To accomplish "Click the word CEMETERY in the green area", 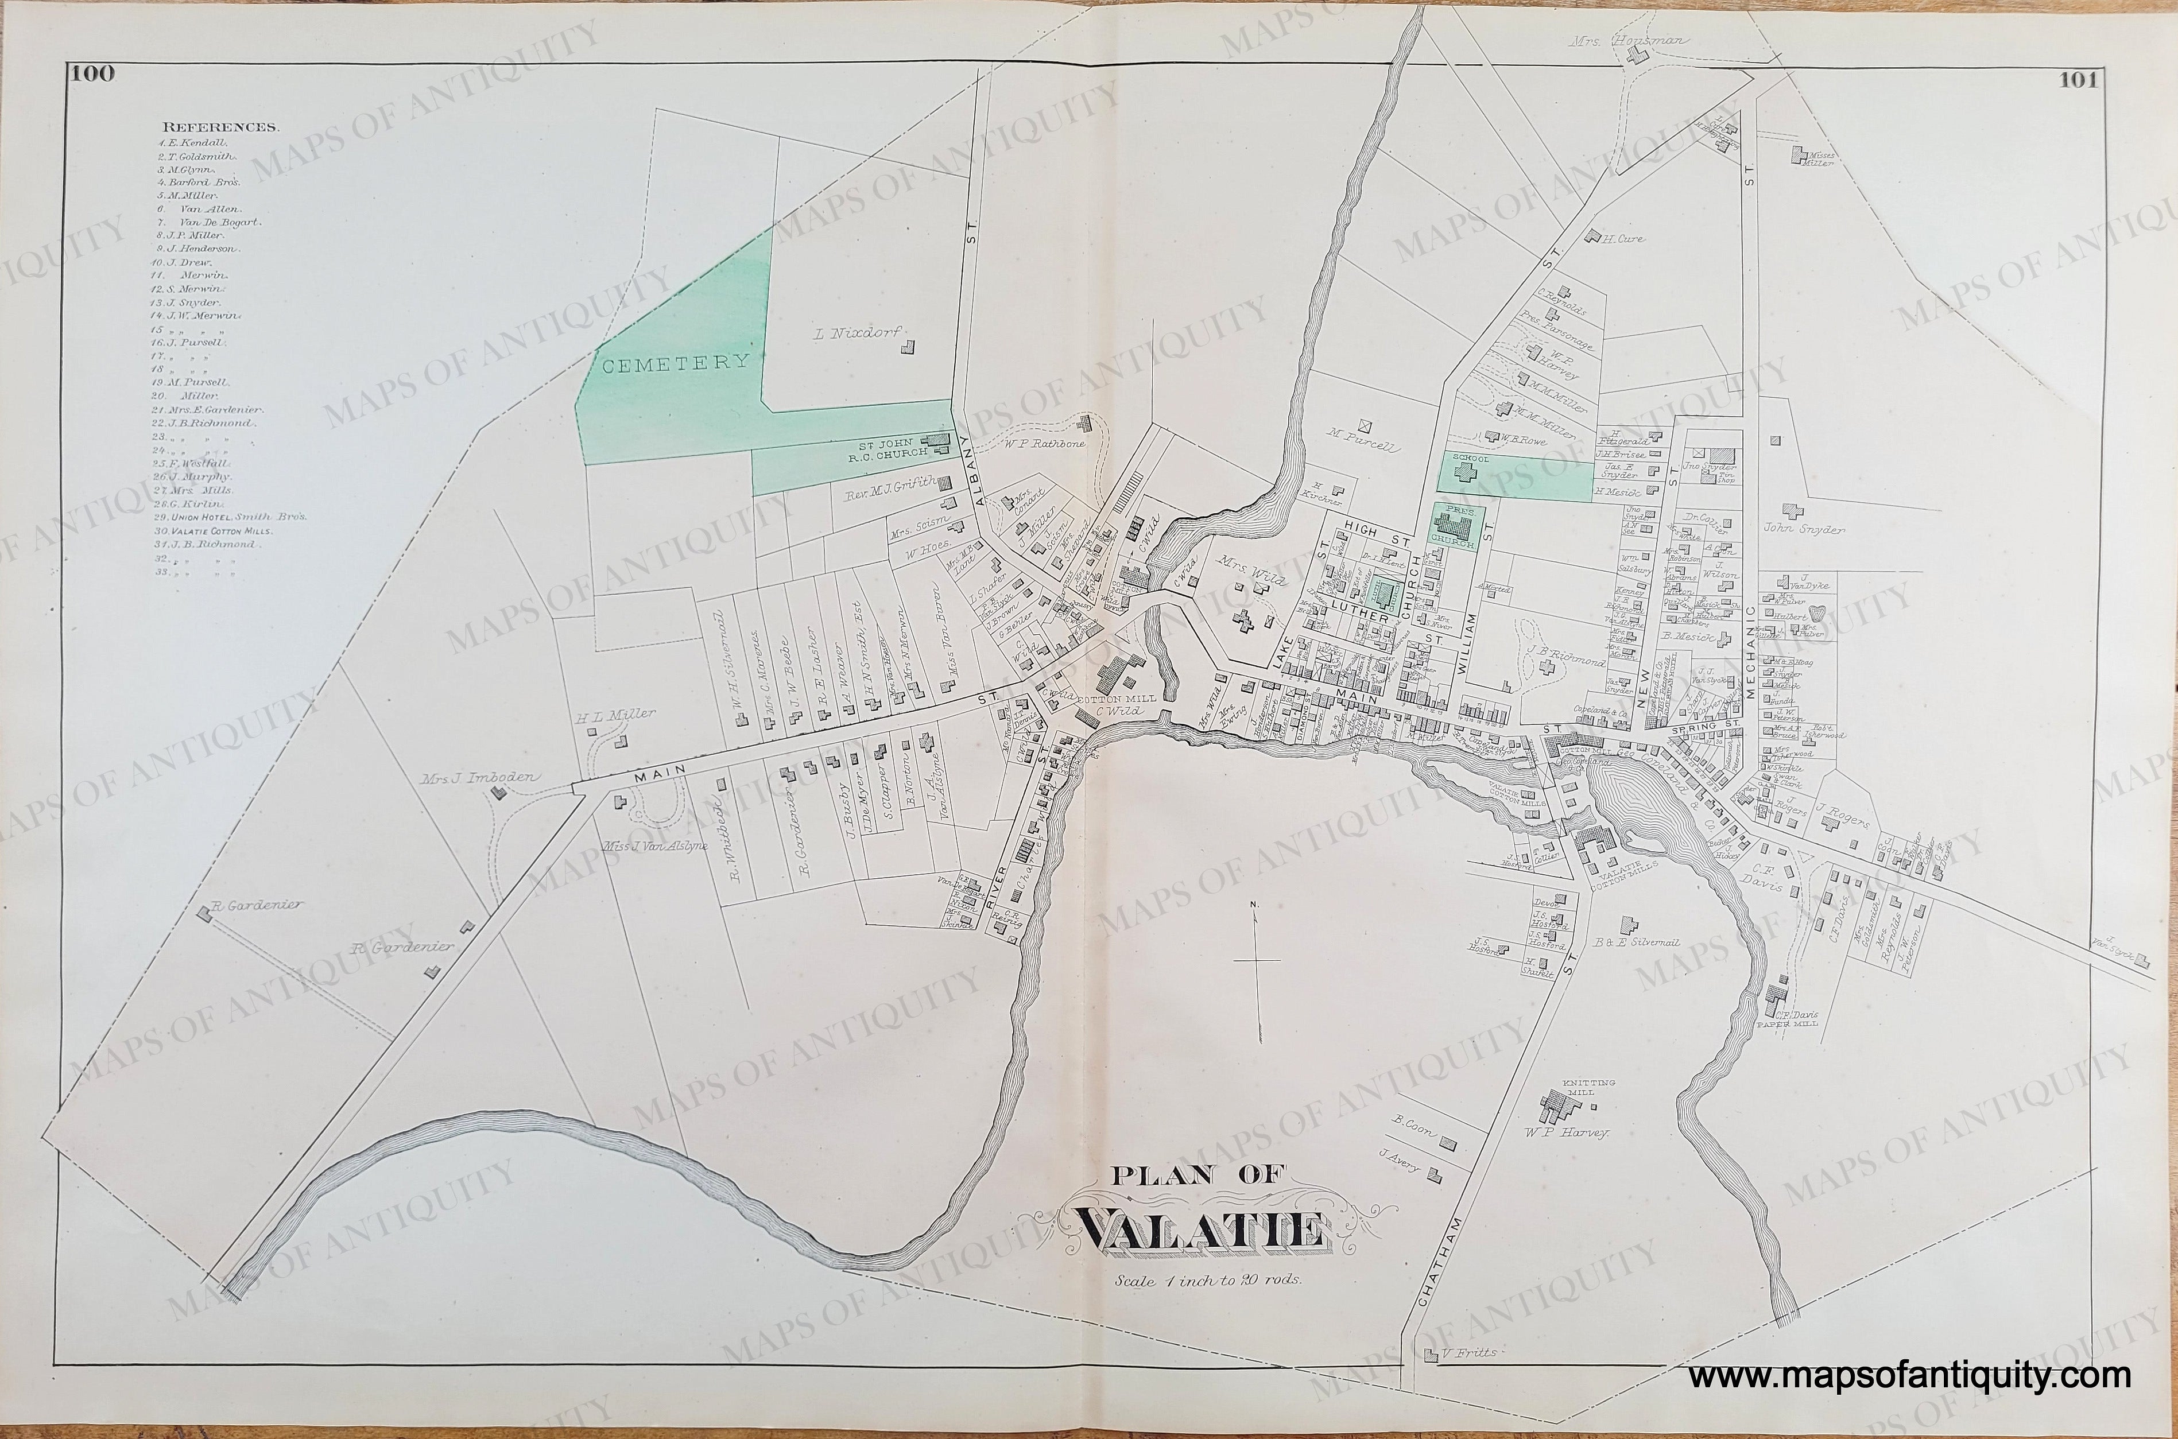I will click(x=676, y=362).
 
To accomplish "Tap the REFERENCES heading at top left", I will click(x=220, y=127).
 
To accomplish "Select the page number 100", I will click(x=95, y=75).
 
